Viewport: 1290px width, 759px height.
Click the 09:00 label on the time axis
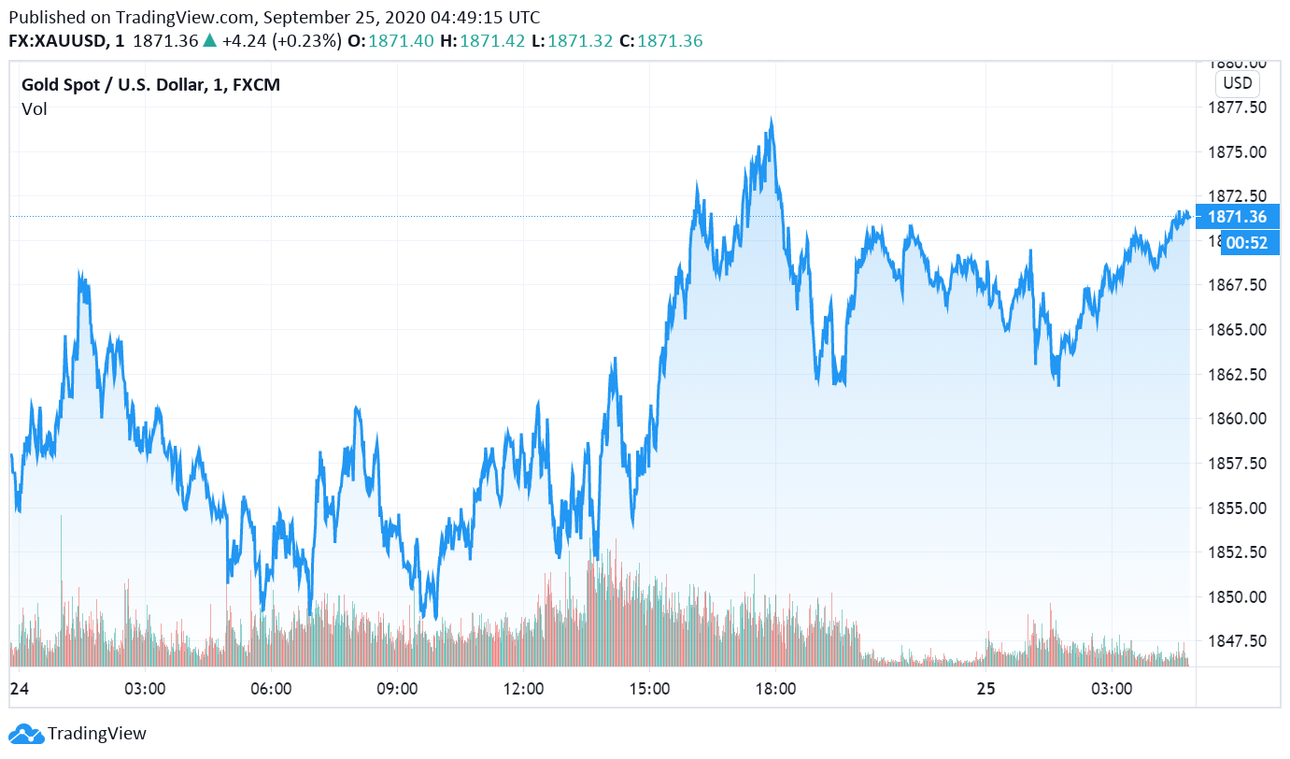click(x=397, y=690)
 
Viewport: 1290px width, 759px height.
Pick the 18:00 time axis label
click(x=775, y=690)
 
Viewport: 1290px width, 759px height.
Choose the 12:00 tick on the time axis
click(x=523, y=690)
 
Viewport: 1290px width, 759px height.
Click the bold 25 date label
click(x=985, y=690)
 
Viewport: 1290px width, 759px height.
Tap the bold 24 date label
click(x=18, y=690)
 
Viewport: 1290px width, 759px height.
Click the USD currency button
click(x=1238, y=83)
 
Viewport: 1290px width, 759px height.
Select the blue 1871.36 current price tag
click(x=1237, y=217)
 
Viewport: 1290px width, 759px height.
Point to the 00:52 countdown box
click(x=1246, y=242)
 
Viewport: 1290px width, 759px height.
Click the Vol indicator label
click(x=35, y=109)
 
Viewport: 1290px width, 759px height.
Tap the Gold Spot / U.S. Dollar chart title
click(x=150, y=85)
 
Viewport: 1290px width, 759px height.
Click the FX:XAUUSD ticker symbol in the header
click(x=57, y=41)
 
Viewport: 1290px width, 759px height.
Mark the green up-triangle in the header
click(x=209, y=41)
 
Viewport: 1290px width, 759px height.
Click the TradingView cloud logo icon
click(x=26, y=734)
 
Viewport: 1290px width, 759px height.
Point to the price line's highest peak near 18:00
click(x=772, y=120)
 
